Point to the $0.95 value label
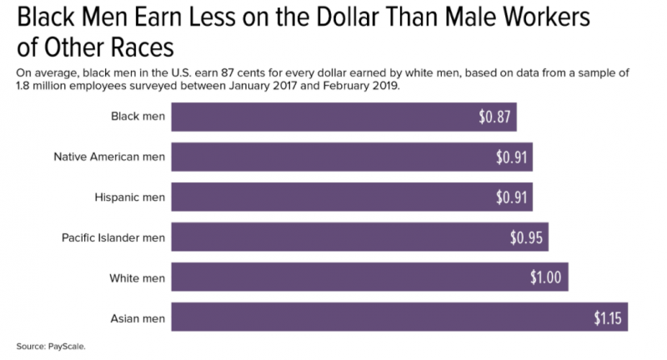click(527, 237)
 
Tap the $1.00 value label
click(547, 277)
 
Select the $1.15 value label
click(606, 317)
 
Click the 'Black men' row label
click(138, 117)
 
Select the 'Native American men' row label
click(109, 157)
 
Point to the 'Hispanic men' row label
click(131, 197)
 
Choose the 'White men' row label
click(137, 277)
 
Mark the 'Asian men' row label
click(138, 317)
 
